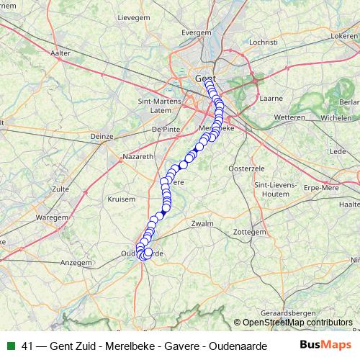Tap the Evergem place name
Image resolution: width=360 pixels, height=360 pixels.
196,33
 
